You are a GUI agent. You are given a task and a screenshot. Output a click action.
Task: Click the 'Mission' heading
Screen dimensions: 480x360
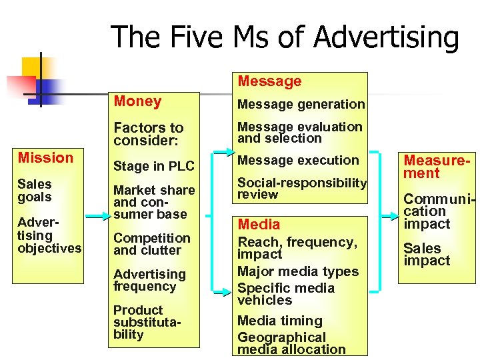tap(45, 158)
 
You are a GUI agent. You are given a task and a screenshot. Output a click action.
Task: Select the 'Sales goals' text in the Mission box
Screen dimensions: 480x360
tap(35, 190)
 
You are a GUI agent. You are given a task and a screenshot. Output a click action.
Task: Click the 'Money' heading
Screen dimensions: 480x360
tap(137, 101)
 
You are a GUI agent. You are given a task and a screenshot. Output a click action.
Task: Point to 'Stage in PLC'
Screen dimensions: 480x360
tap(154, 166)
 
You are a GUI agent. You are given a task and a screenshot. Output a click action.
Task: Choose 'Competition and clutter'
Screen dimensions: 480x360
tap(151, 244)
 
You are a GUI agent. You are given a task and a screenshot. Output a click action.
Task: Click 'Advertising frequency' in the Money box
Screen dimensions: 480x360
tap(149, 280)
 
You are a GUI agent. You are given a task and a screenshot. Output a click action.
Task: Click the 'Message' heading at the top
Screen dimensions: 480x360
tap(269, 81)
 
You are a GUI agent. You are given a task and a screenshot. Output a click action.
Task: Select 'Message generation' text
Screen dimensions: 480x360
tap(301, 104)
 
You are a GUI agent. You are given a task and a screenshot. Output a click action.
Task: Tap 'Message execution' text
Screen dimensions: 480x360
tap(298, 160)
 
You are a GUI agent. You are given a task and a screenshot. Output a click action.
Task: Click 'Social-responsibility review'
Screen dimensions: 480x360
tap(302, 188)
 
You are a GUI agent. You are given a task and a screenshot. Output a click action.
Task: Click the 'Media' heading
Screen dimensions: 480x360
tap(259, 225)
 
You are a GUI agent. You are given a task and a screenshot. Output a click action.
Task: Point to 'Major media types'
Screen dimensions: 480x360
tap(298, 271)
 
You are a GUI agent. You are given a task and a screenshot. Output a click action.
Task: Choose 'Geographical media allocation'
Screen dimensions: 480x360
tap(291, 343)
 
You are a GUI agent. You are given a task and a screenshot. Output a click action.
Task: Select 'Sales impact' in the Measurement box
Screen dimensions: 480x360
tap(427, 254)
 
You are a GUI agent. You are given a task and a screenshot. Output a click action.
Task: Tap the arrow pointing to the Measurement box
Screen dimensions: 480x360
tap(388, 216)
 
